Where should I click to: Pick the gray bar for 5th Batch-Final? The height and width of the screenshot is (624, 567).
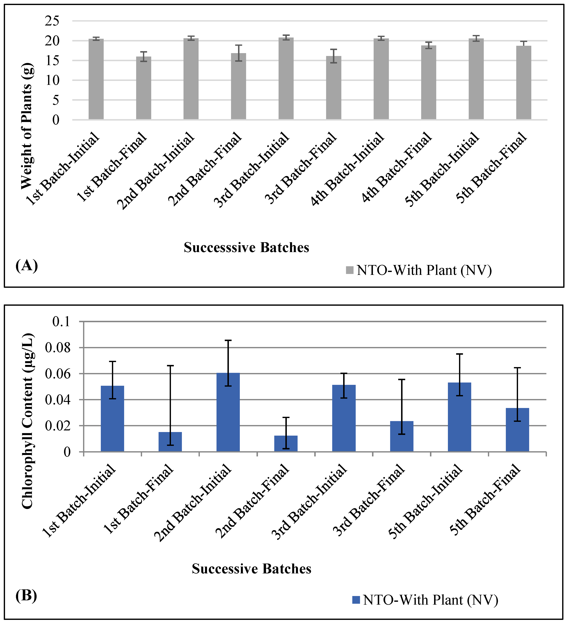tap(523, 83)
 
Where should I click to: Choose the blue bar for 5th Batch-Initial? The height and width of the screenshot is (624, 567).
tap(459, 417)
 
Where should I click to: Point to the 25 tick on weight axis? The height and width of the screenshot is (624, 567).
tap(52, 21)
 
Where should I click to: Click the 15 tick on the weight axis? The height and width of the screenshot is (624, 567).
tap(52, 61)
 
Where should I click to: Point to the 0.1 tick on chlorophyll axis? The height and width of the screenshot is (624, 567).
tap(66, 322)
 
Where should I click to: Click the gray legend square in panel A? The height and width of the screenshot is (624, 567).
tap(350, 270)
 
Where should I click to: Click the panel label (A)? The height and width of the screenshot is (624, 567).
tap(27, 266)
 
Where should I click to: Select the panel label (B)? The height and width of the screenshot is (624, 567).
tap(26, 595)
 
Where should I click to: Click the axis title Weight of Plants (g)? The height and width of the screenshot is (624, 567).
tap(27, 126)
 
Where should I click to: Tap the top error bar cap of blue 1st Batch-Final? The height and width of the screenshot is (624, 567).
tap(170, 365)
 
